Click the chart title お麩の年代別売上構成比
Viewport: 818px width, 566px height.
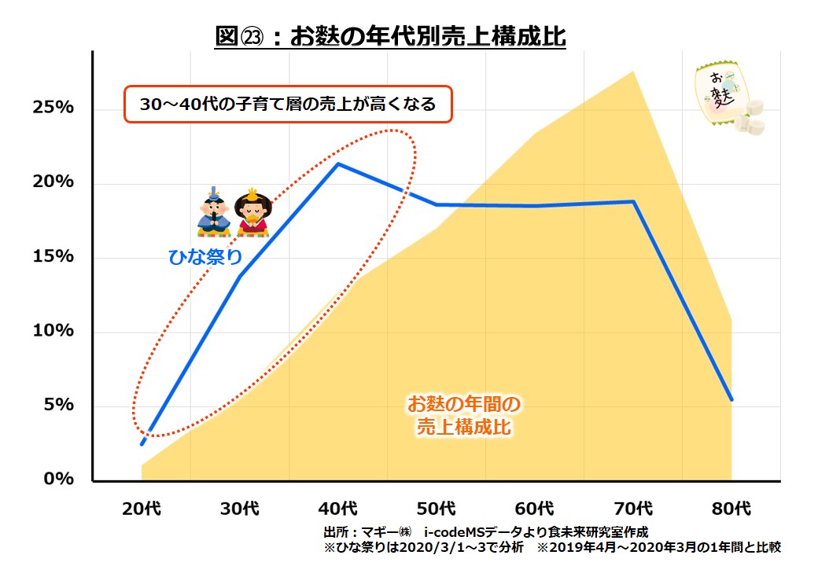point(390,36)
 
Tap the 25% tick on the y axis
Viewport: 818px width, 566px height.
point(53,108)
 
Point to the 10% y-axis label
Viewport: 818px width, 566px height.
point(53,331)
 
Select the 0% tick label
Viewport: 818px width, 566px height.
point(58,479)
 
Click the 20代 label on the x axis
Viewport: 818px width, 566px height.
point(142,509)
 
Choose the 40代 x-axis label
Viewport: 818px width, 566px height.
point(338,509)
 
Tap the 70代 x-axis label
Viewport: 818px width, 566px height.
point(633,509)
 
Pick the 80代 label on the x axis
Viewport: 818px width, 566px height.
point(731,509)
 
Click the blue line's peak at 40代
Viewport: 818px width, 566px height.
point(338,164)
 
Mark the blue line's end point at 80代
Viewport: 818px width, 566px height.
point(731,399)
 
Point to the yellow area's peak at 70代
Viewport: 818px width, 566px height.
point(634,72)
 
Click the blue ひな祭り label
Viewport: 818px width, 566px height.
point(206,257)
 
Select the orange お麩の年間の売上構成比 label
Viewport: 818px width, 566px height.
point(464,416)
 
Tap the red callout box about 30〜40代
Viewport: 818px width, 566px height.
point(288,104)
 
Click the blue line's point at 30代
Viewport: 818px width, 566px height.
point(240,276)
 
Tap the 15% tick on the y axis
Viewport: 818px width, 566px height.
point(53,257)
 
